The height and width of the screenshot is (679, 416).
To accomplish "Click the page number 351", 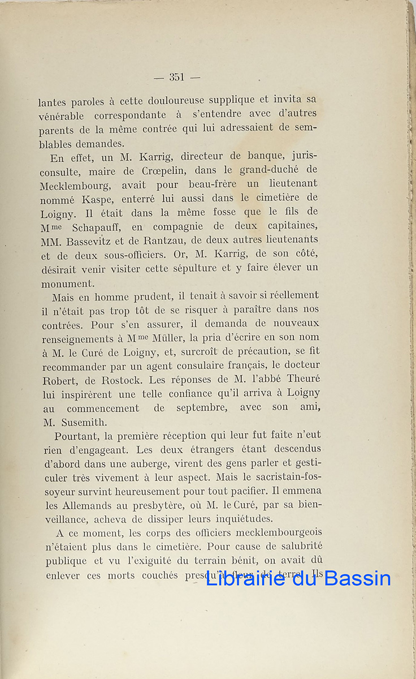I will pyautogui.click(x=177, y=77).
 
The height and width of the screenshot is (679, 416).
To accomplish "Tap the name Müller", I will pyautogui.click(x=170, y=338).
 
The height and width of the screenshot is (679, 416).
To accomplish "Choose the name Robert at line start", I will pyautogui.click(x=59, y=380).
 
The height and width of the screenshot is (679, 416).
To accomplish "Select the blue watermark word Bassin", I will pyautogui.click(x=358, y=578).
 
